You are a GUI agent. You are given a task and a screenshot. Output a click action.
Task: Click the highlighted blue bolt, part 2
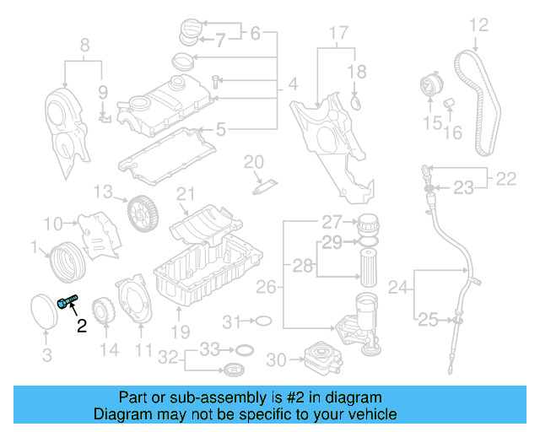tap(67, 301)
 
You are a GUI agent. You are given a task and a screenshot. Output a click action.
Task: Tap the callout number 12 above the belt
tap(478, 25)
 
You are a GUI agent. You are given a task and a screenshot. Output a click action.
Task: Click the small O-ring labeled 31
tap(262, 321)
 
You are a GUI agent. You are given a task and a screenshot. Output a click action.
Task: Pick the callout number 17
tap(337, 35)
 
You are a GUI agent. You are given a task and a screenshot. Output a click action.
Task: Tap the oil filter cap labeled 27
tap(368, 224)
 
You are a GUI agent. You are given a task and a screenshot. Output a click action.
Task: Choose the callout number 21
tap(186, 195)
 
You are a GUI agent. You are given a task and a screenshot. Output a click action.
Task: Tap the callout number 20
tap(254, 161)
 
